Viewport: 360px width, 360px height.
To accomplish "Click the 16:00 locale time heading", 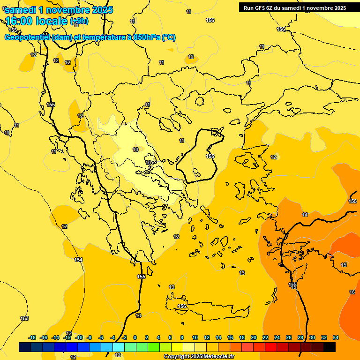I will tap(37, 21).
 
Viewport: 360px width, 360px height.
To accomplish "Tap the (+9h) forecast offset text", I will tap(79, 21).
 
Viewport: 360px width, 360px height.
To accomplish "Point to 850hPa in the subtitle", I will tap(147, 37).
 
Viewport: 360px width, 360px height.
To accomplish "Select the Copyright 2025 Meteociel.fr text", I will tap(199, 357).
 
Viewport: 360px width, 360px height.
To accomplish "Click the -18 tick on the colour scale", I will tap(32, 337).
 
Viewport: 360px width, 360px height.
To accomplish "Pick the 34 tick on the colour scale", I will tap(336, 337).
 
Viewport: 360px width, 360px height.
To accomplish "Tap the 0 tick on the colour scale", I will tap(135, 337).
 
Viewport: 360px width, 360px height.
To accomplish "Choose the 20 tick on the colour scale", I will tap(254, 337).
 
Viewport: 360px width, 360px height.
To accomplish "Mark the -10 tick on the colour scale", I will tap(79, 337).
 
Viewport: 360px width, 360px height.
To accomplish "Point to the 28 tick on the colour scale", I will tap(300, 337).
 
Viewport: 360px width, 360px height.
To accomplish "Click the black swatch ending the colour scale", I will tap(330, 347).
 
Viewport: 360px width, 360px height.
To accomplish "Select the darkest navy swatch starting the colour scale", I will tap(25, 347).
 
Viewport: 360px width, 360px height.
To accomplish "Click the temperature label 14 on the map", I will tap(305, 215).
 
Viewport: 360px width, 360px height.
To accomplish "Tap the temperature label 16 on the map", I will tap(352, 292).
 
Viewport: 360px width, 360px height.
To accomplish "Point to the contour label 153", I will tap(24, 319).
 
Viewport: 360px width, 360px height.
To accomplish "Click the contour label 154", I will tap(78, 260).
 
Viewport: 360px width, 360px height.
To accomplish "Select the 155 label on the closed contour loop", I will tap(210, 156).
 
